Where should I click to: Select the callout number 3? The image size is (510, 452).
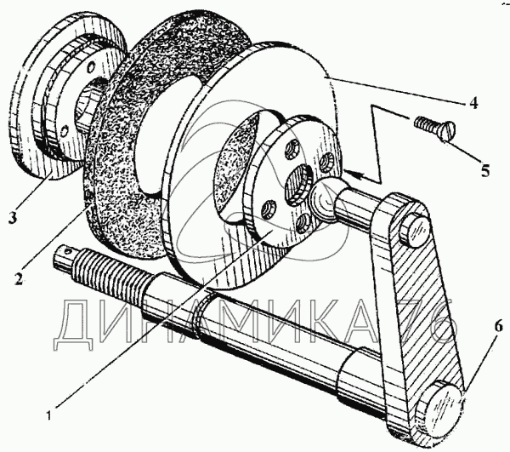[12, 217]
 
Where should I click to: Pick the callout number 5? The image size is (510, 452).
[484, 170]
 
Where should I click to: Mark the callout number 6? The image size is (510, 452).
[498, 325]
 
